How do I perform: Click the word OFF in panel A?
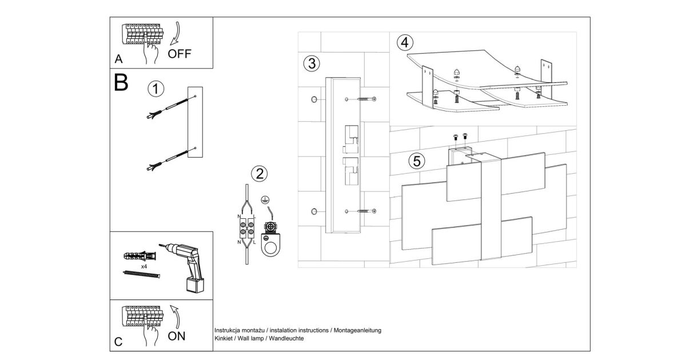[180, 54]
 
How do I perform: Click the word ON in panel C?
[177, 336]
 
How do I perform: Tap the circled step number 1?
[156, 89]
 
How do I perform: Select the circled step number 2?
[260, 174]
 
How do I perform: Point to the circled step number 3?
[312, 63]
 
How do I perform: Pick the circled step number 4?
[405, 42]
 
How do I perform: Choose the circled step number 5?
[417, 161]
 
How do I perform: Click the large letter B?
[121, 82]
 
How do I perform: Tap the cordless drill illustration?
[183, 267]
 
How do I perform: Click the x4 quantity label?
[144, 267]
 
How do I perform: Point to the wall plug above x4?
[140, 255]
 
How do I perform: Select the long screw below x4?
[141, 274]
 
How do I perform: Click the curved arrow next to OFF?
[176, 34]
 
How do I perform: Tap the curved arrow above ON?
[176, 317]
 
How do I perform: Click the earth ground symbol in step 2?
[265, 200]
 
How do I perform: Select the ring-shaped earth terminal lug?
[271, 245]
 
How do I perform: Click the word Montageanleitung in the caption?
[357, 330]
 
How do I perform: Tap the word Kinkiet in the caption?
[224, 338]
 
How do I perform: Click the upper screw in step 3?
[366, 99]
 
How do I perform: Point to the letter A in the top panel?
[118, 59]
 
